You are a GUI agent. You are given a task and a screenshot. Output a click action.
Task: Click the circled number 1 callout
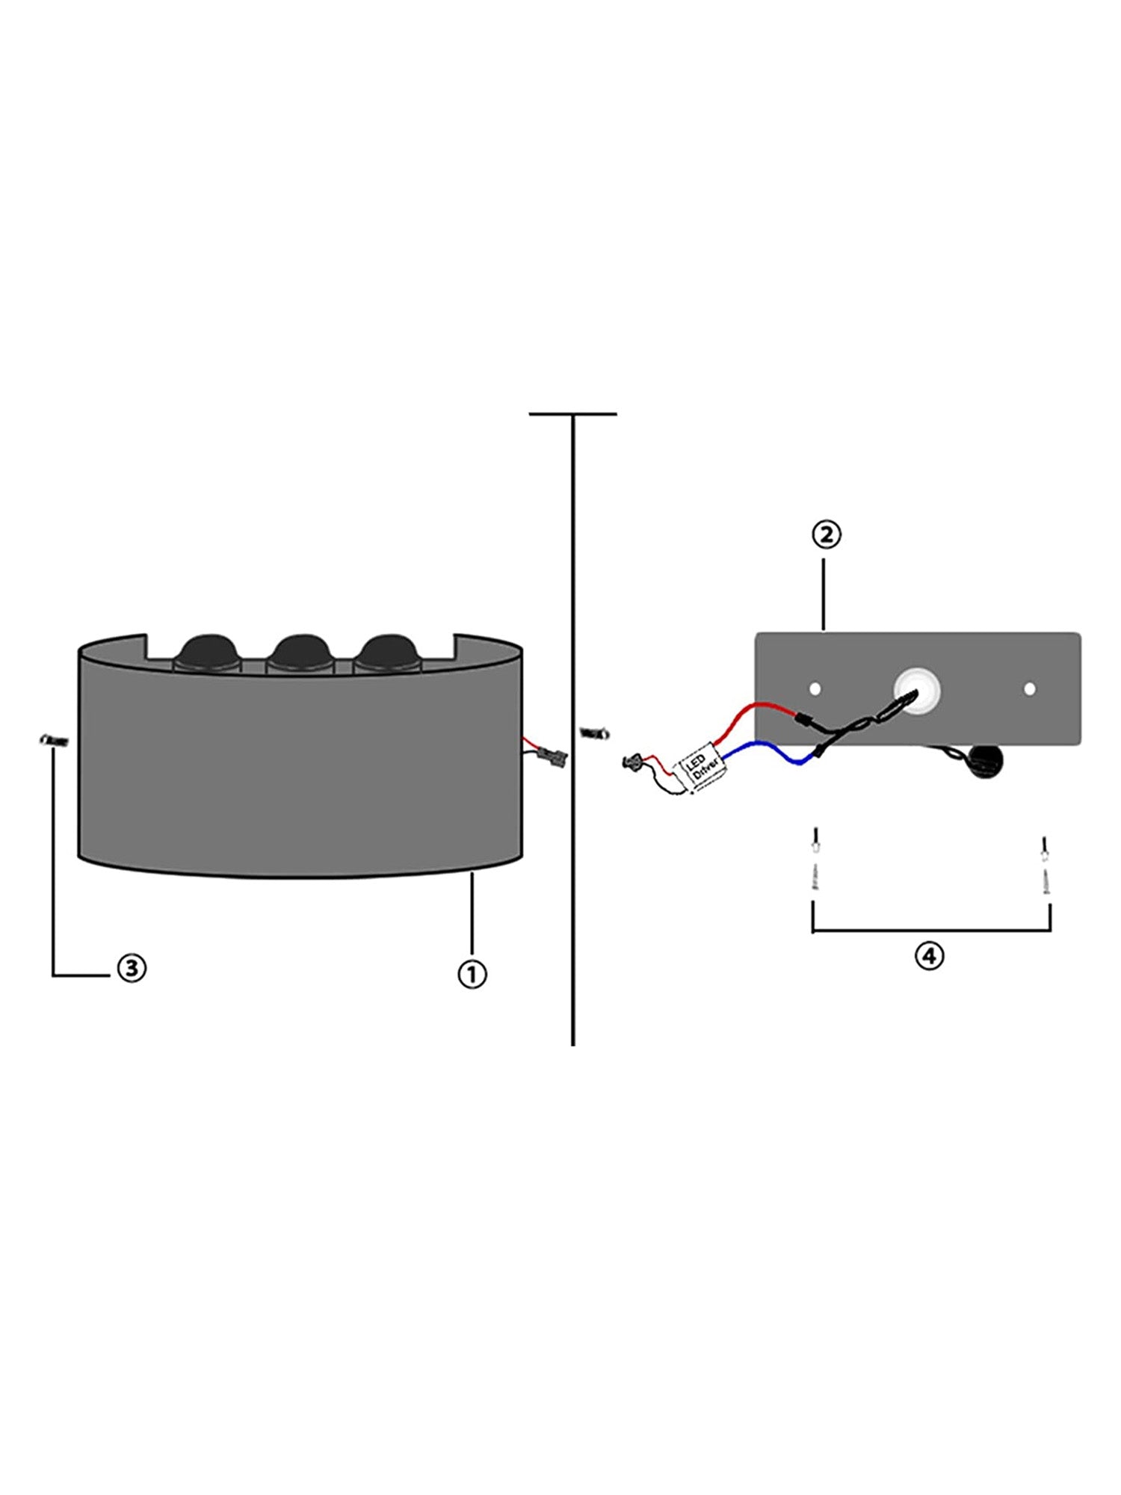pyautogui.click(x=472, y=973)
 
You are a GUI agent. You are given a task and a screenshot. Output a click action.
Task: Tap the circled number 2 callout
pyautogui.click(x=827, y=535)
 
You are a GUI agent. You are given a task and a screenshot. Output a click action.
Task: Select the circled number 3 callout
pyautogui.click(x=132, y=968)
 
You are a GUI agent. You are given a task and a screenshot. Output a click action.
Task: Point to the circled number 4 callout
pyautogui.click(x=929, y=955)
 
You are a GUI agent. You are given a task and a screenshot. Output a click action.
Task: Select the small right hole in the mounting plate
pyautogui.click(x=1030, y=688)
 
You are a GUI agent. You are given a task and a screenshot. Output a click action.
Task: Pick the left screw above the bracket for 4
pyautogui.click(x=816, y=860)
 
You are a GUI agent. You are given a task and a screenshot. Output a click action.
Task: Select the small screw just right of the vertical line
pyautogui.click(x=595, y=732)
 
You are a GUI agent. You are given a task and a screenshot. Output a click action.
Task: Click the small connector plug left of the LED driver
pyautogui.click(x=633, y=762)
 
